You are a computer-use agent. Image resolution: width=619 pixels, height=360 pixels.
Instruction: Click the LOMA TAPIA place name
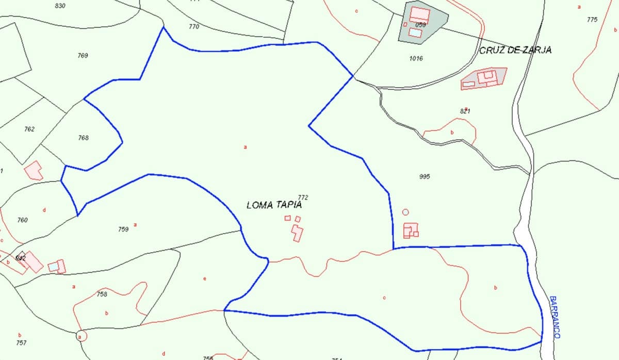274,205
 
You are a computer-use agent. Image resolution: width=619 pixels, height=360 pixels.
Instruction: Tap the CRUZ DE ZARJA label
515,51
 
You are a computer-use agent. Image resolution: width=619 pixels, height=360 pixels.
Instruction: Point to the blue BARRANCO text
555,317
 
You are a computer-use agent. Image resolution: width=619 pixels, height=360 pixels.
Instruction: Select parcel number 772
303,197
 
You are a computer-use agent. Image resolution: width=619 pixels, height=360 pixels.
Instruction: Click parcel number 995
425,176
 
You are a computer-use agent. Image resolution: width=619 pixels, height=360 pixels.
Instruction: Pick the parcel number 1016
416,58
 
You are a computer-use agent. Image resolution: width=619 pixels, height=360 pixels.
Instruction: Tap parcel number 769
83,55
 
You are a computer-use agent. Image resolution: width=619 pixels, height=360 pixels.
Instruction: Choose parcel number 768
83,138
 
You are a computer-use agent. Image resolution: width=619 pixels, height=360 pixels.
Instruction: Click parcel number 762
29,129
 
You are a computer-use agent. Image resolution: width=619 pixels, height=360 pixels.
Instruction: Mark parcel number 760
22,220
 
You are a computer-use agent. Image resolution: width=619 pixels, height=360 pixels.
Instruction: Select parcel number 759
123,230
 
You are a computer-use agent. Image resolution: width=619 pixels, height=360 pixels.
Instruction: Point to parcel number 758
102,294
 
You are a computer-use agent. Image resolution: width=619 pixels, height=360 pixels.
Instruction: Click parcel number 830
60,6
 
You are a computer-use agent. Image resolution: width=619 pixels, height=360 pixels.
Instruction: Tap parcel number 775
592,20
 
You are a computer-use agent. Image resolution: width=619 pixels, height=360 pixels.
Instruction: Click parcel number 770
194,26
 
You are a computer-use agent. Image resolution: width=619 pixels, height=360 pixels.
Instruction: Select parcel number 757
21,342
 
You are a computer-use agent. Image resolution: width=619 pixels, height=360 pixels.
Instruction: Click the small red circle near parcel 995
405,212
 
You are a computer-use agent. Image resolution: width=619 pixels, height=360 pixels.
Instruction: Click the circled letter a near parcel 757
80,336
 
